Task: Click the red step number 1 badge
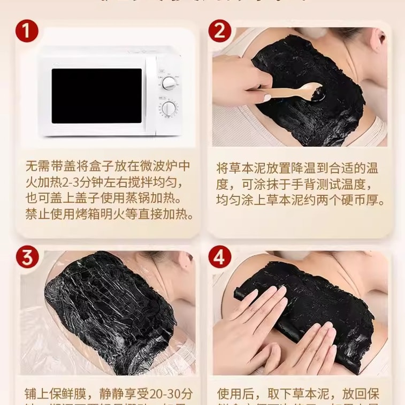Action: (x=26, y=31)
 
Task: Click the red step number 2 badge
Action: (x=219, y=31)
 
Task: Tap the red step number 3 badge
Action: (x=26, y=257)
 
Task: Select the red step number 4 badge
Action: (x=219, y=257)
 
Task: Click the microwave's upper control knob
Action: (x=170, y=83)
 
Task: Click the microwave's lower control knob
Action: (x=170, y=109)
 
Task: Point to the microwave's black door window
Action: (x=96, y=95)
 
